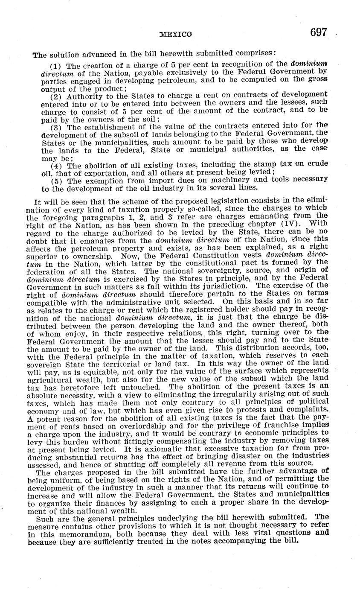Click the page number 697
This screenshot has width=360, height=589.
(x=319, y=32)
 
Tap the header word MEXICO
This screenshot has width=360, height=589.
(x=176, y=34)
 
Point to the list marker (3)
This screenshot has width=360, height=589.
(x=56, y=128)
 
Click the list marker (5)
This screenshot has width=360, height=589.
(x=56, y=179)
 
